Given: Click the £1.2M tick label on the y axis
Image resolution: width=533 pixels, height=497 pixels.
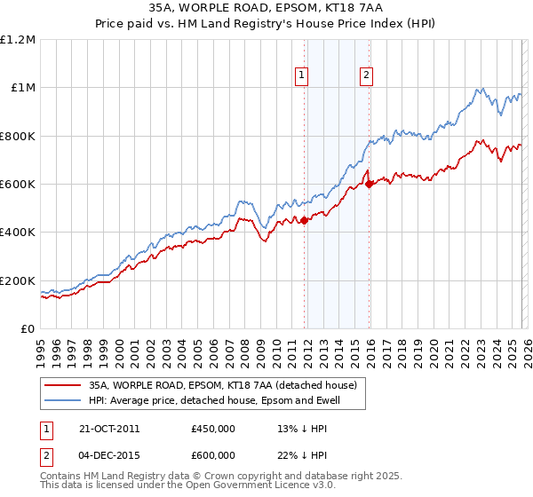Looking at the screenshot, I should [18, 40].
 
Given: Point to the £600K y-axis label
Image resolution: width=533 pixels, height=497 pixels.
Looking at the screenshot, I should [18, 185].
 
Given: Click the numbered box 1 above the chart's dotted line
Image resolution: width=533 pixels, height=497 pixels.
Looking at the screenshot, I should [303, 76].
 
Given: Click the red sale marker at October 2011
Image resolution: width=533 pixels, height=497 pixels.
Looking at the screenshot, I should [304, 221].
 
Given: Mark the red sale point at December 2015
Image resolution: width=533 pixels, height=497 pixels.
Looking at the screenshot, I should [369, 185].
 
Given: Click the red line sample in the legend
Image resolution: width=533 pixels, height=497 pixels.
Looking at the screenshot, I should [63, 385].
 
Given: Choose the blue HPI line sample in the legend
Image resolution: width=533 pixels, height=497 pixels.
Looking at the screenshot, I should [63, 400].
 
